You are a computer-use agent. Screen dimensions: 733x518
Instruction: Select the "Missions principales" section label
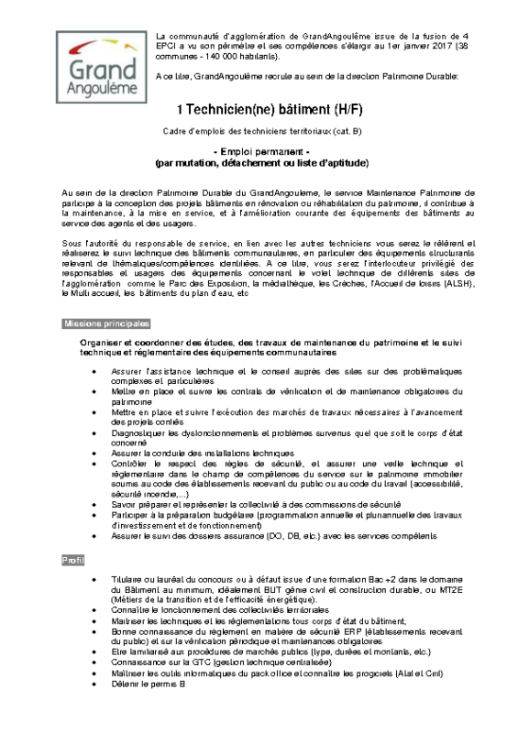[x=105, y=324]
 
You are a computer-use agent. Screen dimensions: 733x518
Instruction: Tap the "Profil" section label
[x=72, y=559]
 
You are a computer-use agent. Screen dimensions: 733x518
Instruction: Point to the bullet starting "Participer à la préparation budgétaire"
[x=293, y=518]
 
